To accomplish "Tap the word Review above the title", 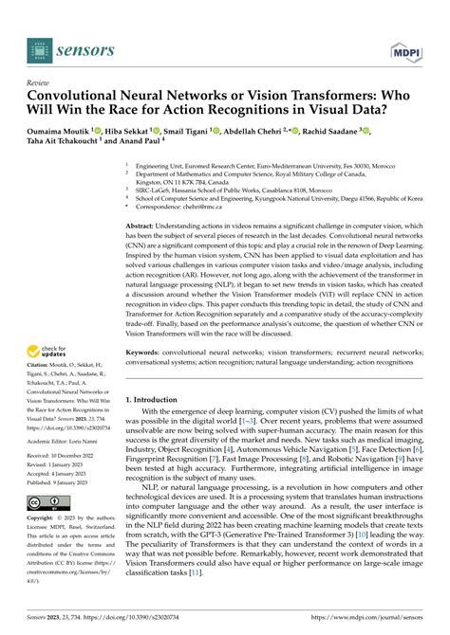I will pos(38,82).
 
